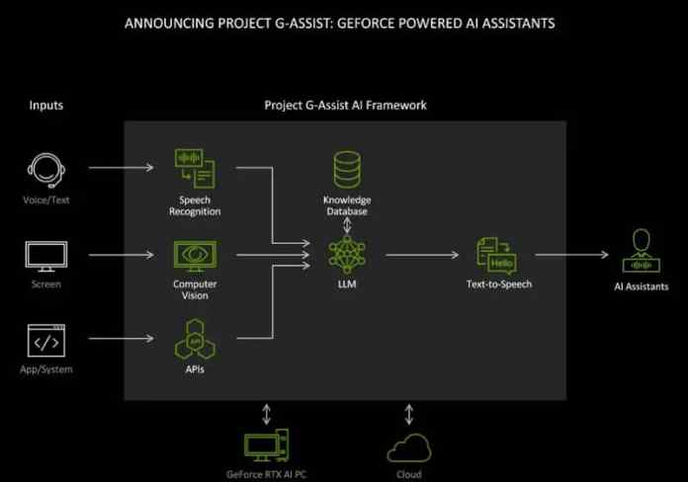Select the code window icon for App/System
pyautogui.click(x=44, y=341)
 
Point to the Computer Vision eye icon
pyautogui.click(x=195, y=256)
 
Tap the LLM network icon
pyautogui.click(x=347, y=255)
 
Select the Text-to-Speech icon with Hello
pyautogui.click(x=496, y=256)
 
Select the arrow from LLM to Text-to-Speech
pyautogui.click(x=423, y=255)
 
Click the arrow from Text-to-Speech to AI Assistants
pyautogui.click(x=571, y=255)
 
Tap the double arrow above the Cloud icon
pyautogui.click(x=408, y=413)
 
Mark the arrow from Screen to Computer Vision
pyautogui.click(x=121, y=255)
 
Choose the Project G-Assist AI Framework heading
pyautogui.click(x=345, y=105)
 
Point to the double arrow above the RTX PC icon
pyautogui.click(x=266, y=413)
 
